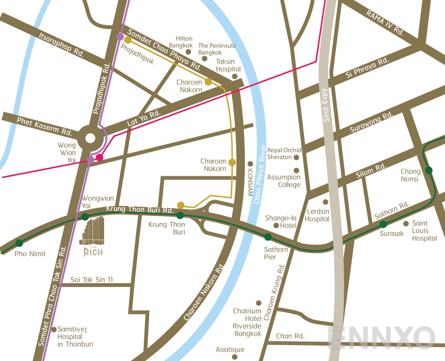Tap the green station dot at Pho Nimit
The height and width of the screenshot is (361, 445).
(x=19, y=243)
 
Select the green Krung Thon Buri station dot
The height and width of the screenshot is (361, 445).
(x=180, y=215)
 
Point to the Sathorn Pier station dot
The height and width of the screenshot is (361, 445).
(x=268, y=237)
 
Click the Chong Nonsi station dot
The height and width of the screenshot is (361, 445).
(x=428, y=170)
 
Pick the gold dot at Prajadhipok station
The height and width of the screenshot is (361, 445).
(x=128, y=40)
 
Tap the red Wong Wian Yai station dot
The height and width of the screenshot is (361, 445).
(x=99, y=157)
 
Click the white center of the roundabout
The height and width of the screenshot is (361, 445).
(x=90, y=138)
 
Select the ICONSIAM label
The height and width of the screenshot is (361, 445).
(x=250, y=182)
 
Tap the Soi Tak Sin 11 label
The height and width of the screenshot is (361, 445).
(x=92, y=280)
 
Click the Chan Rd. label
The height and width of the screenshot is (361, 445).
(x=290, y=336)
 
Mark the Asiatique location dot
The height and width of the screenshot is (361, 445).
(x=235, y=356)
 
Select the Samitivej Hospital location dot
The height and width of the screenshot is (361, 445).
(x=54, y=329)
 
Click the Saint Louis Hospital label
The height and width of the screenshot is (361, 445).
(x=424, y=231)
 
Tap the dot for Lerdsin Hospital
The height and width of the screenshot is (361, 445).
(x=325, y=202)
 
